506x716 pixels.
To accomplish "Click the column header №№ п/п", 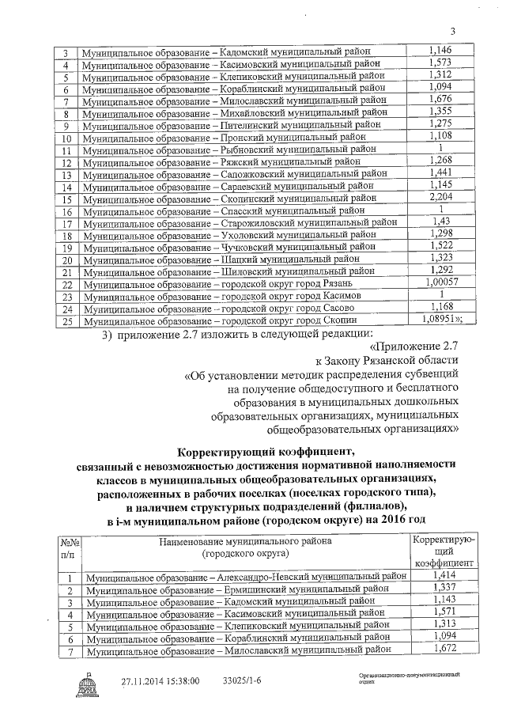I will click(67, 547).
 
